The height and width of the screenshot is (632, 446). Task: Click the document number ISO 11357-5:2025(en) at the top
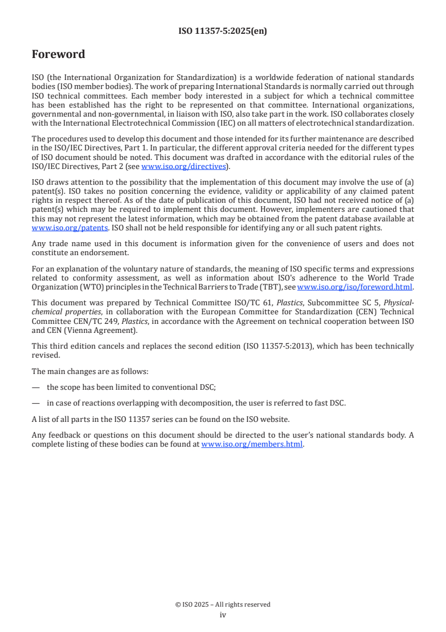[223, 32]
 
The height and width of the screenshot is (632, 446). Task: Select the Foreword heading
[58, 55]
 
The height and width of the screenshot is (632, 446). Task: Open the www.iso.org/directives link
[183, 166]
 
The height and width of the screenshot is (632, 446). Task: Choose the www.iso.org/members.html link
[252, 444]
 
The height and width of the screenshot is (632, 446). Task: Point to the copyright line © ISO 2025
[223, 604]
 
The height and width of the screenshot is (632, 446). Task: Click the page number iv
[223, 615]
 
